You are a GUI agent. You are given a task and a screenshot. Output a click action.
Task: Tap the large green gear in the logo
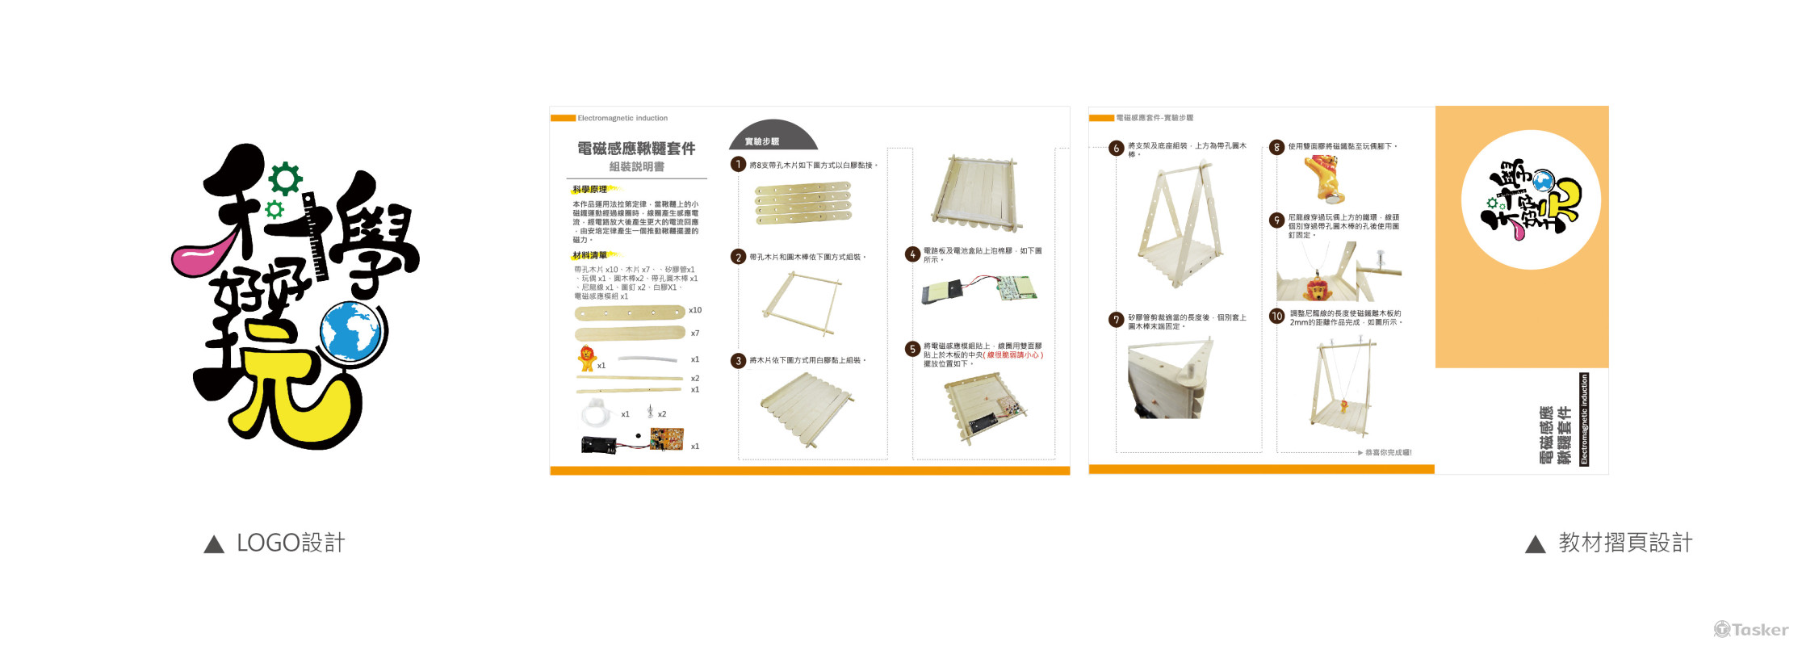[x=286, y=178]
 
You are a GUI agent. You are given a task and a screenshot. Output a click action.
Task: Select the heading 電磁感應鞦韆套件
[x=636, y=149]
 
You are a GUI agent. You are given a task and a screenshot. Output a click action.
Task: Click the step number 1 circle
[x=738, y=165]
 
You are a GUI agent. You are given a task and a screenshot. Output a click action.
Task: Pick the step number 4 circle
[x=912, y=254]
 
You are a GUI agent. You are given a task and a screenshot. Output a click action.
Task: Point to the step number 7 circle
[x=1116, y=320]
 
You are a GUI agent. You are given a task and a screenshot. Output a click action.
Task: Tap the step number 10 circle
[x=1276, y=317]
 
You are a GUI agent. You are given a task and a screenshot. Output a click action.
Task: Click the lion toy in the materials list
[x=587, y=357]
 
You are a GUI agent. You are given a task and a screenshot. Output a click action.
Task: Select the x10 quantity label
[x=695, y=310]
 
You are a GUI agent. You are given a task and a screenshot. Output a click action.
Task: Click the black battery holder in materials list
[x=599, y=444]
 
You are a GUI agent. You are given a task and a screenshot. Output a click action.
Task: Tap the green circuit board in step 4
[x=1016, y=287]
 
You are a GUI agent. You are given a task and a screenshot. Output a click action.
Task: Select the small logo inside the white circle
[x=1531, y=199]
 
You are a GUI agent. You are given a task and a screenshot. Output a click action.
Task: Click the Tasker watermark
[x=1751, y=629]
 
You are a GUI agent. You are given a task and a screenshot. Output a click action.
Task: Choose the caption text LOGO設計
[x=291, y=543]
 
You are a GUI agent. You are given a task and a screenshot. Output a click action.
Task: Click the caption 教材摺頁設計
[x=1625, y=543]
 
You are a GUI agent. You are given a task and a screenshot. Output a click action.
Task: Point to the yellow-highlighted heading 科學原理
[x=590, y=190]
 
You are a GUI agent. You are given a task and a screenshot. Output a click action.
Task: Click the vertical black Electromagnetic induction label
[x=1584, y=419]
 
